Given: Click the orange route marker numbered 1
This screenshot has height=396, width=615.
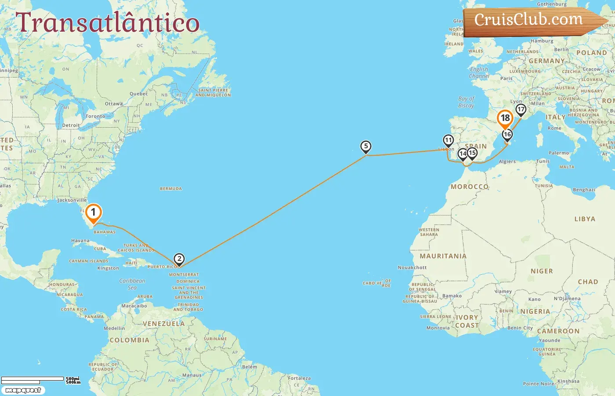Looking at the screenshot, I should point(93,213).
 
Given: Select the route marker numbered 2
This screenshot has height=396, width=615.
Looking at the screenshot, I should point(179,259).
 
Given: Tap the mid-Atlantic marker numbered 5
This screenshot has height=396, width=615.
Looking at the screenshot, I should point(366,147).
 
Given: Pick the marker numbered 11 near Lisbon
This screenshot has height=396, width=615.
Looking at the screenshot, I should point(448,140).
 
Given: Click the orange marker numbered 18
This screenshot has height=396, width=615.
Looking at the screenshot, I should point(505,118).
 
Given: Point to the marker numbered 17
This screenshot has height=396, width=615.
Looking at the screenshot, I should point(521,110).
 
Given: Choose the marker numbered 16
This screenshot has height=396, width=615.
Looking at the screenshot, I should point(507,135).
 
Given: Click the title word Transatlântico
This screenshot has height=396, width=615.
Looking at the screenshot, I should point(108,23).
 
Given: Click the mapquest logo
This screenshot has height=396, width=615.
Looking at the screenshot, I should point(23,390).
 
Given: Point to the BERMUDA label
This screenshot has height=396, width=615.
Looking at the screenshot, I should point(171,189).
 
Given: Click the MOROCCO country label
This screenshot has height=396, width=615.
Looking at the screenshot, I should point(470,187).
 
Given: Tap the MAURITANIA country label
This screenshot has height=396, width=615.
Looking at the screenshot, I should point(443,256).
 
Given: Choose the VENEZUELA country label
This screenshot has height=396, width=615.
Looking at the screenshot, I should point(163,324).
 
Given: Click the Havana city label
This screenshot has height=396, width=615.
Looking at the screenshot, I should point(80,241).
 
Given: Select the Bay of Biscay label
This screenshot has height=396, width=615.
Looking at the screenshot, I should point(466,102).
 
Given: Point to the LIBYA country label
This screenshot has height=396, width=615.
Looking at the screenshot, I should point(585,219).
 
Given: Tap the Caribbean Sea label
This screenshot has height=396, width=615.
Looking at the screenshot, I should point(132,284).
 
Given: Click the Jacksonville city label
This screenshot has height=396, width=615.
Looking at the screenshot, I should point(72,200).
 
